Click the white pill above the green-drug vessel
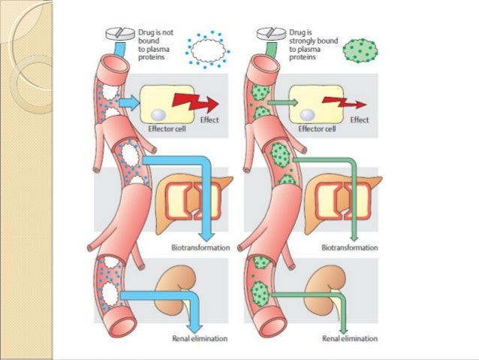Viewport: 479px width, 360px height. (x=267, y=35)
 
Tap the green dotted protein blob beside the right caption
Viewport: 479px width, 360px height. (x=359, y=50)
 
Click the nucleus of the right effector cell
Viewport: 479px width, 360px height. (x=308, y=114)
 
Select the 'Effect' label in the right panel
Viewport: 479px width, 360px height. (x=360, y=120)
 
